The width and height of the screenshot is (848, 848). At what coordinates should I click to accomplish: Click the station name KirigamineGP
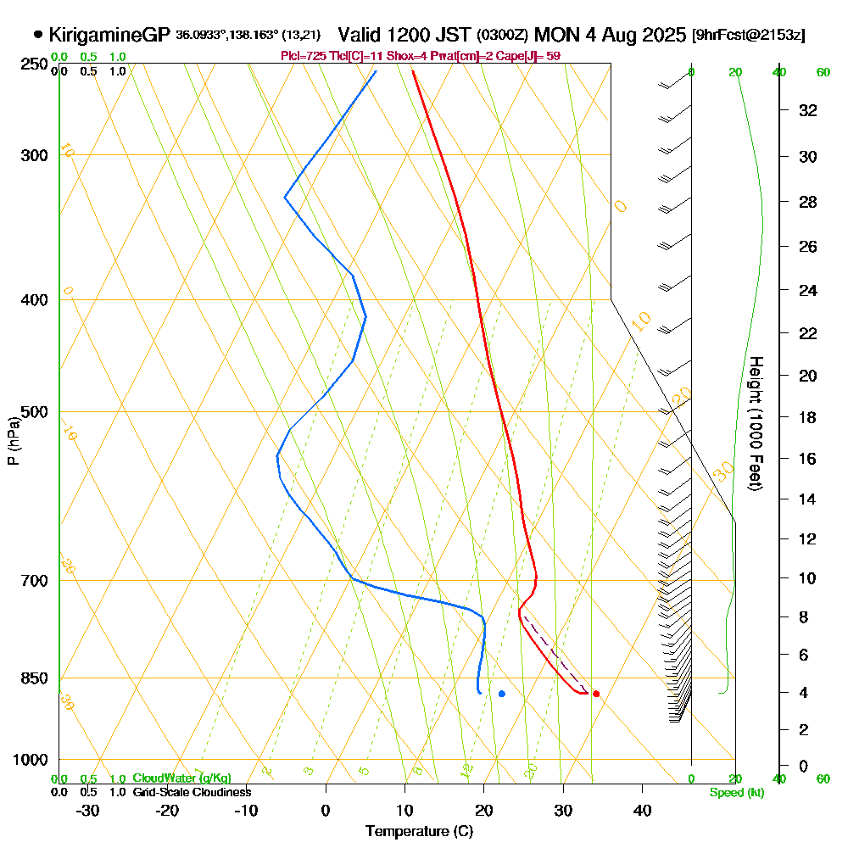(109, 35)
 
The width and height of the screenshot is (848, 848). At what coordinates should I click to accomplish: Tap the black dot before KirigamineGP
(38, 35)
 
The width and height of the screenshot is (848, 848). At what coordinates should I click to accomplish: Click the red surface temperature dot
(596, 694)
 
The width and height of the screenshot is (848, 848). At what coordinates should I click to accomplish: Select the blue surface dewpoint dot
(502, 694)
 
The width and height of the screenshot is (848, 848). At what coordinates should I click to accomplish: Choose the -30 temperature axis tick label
(88, 810)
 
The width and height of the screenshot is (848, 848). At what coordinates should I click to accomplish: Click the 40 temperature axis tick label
(642, 810)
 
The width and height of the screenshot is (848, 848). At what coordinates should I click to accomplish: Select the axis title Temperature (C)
(419, 831)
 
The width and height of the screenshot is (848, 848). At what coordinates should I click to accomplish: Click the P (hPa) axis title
(14, 441)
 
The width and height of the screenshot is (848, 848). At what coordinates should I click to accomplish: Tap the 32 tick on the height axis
(807, 110)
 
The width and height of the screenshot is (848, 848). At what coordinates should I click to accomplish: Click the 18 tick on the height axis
(807, 417)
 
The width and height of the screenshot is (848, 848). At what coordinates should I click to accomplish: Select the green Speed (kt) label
(734, 792)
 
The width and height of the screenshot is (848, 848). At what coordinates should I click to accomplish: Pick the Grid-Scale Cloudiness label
(191, 792)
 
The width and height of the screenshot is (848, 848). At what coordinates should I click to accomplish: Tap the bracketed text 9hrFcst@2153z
(749, 35)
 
